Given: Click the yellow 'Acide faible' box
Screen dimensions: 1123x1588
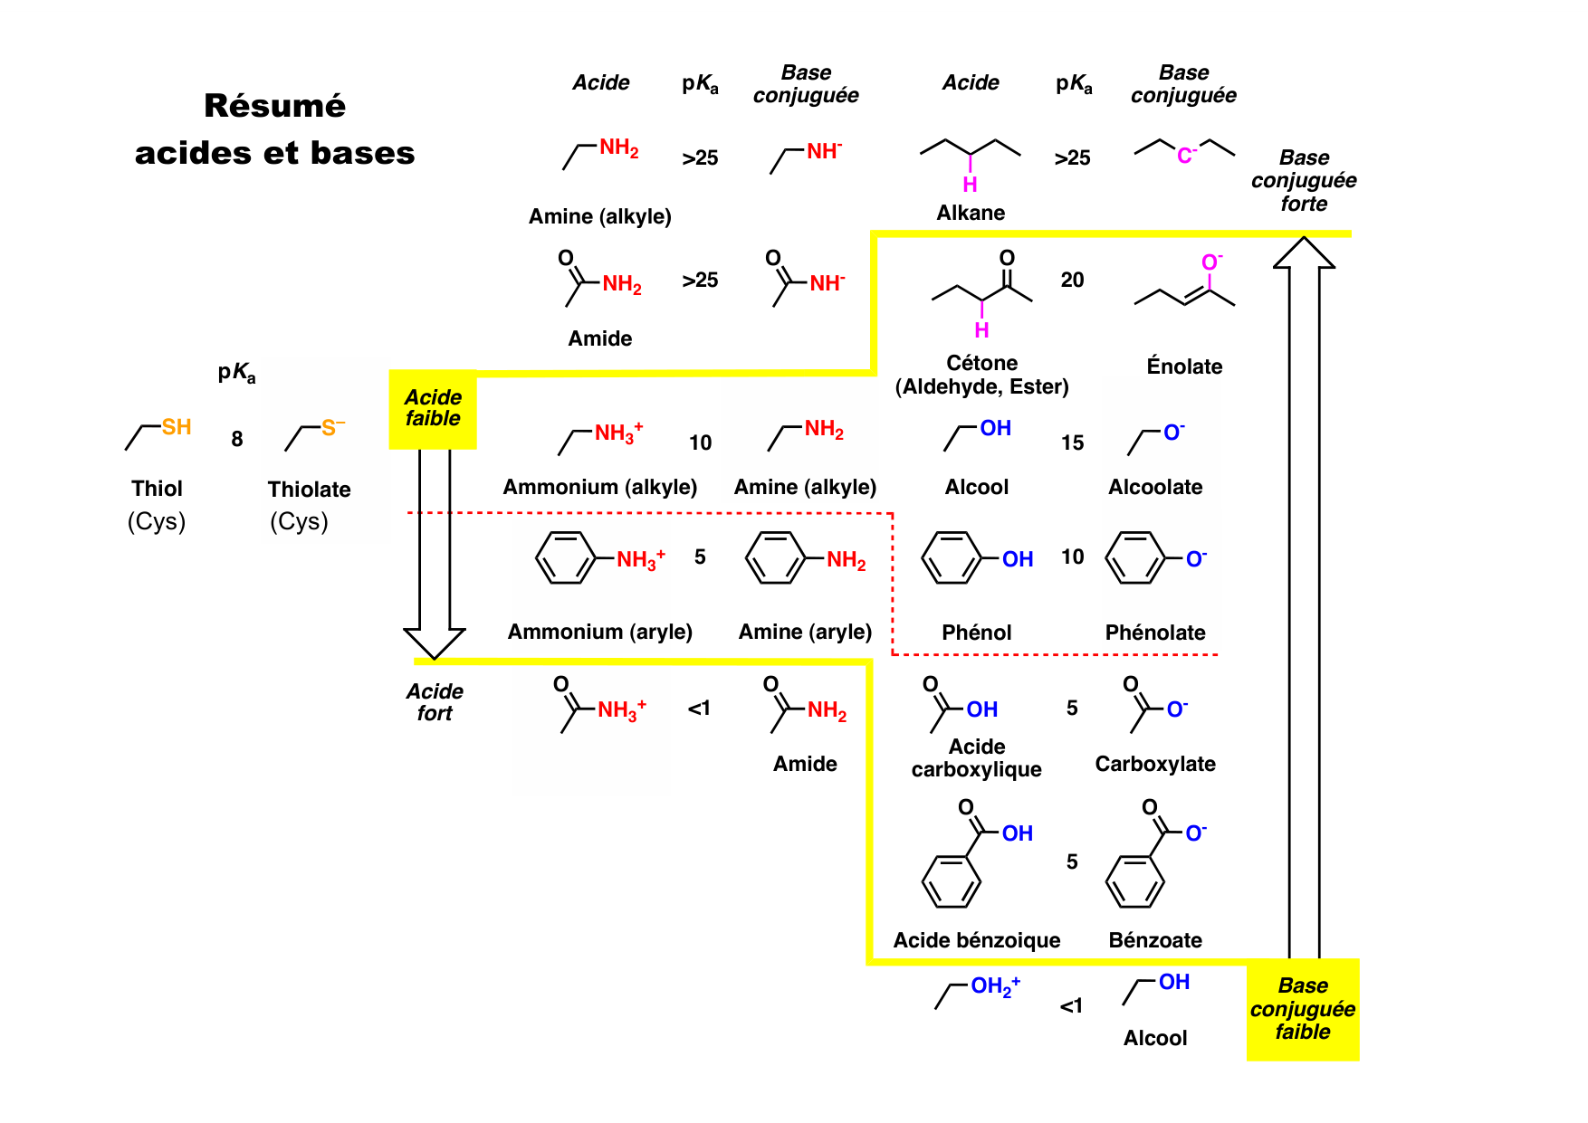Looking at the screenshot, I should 433,408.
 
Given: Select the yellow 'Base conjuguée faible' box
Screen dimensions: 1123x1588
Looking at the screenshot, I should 1302,1009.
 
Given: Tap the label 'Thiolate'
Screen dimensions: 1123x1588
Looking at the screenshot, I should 309,490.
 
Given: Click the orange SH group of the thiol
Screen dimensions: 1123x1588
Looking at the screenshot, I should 177,427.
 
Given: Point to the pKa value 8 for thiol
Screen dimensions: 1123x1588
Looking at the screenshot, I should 237,439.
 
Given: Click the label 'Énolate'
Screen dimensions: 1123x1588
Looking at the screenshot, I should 1184,366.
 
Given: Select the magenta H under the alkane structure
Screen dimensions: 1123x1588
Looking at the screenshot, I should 970,185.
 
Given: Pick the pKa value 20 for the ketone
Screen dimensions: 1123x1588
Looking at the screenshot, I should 1072,281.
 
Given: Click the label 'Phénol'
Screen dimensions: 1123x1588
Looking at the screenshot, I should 976,633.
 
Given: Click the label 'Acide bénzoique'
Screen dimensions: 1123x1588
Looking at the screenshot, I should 976,940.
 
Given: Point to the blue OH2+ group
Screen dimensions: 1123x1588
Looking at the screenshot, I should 995,986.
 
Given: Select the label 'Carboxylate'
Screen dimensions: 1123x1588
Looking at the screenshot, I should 1154,764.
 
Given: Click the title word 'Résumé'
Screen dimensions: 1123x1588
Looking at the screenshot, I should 274,106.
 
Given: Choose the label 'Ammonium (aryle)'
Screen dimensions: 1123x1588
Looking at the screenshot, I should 599,632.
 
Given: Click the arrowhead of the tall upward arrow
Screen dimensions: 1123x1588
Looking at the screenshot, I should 1304,253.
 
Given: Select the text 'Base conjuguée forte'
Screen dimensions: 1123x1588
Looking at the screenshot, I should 1304,180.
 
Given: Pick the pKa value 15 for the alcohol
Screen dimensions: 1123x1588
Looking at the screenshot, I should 1072,443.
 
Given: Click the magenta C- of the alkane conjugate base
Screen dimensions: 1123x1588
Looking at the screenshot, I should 1186,156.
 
